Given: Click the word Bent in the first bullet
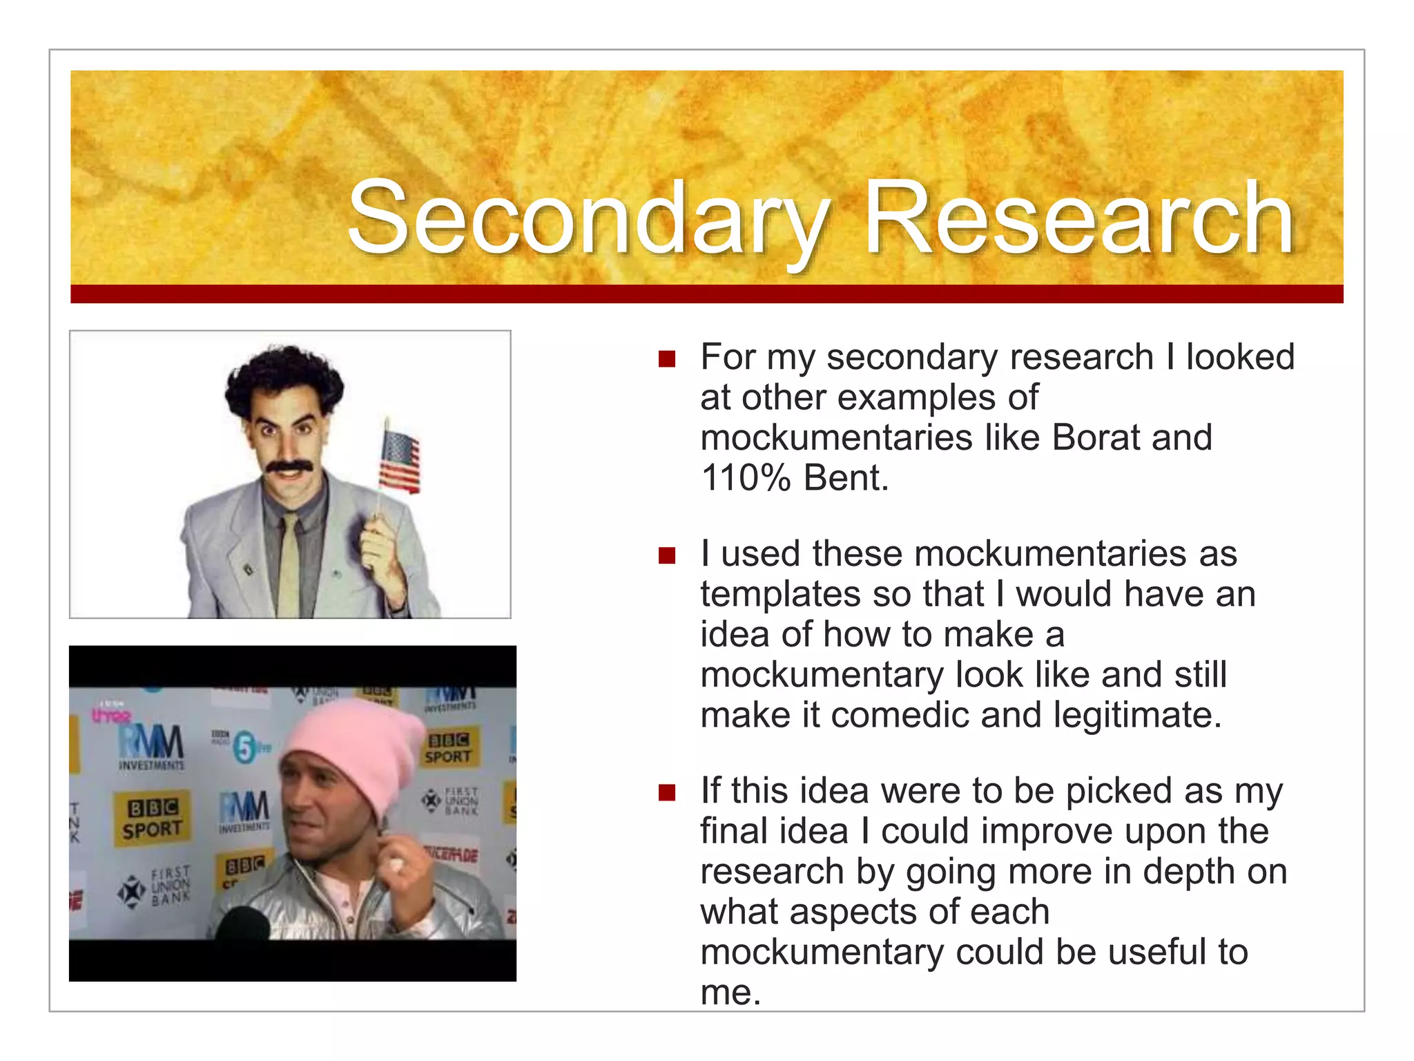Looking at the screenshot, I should pyautogui.click(x=845, y=477).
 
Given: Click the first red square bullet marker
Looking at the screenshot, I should pyautogui.click(x=666, y=359).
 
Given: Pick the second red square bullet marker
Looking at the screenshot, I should pyautogui.click(x=666, y=556).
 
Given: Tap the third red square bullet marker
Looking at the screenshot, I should pyautogui.click(x=666, y=792).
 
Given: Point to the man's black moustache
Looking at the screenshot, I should pyautogui.click(x=290, y=467).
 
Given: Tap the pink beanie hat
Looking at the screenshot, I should pyautogui.click(x=355, y=746).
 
